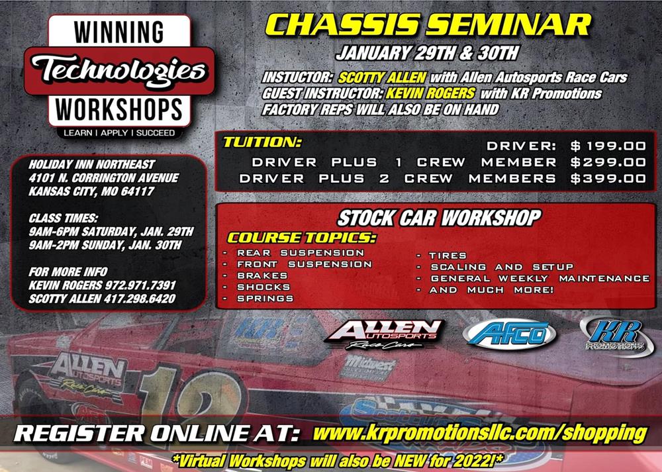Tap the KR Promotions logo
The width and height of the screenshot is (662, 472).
[617, 336]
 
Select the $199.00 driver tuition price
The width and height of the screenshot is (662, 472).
[608, 146]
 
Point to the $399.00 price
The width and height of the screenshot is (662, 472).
[608, 179]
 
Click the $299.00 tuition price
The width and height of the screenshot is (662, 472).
[608, 163]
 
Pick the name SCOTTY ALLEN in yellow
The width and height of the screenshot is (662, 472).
[382, 77]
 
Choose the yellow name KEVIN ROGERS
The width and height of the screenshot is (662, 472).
[430, 93]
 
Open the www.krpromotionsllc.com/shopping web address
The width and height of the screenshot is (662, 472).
[479, 434]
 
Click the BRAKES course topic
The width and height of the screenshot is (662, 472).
[262, 275]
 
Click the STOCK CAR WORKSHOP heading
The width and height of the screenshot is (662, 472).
[439, 218]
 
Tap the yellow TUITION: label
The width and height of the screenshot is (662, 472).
[262, 142]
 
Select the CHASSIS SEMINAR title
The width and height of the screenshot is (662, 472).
[428, 24]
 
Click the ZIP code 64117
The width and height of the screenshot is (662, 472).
[138, 191]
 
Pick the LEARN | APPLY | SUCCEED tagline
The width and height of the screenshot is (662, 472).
[119, 132]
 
